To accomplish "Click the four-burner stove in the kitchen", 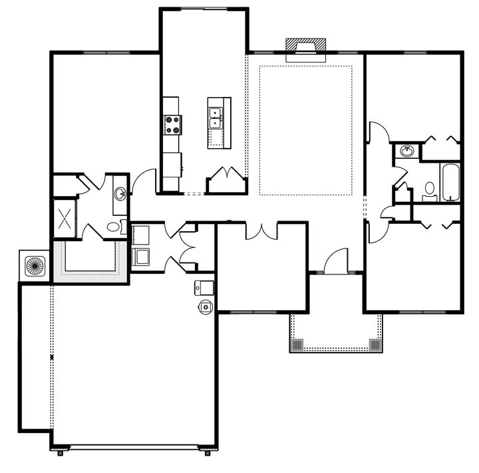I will click(172, 124).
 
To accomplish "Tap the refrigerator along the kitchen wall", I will click(172, 163).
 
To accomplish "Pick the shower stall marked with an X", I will click(66, 217).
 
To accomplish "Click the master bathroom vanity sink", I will click(120, 194).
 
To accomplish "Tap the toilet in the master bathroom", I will click(116, 227).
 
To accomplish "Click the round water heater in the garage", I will click(207, 306).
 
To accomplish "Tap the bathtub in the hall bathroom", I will click(450, 181).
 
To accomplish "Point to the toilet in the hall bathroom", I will click(430, 191).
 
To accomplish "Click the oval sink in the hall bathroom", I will click(406, 151).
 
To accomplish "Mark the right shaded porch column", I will click(375, 345).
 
